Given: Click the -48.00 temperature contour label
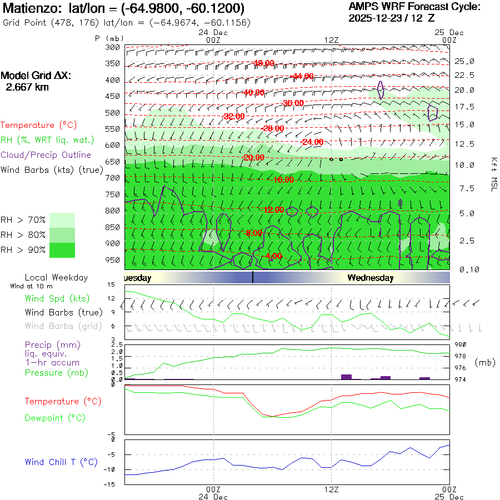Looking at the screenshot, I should coord(263,63).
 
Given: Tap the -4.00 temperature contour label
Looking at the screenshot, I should coord(273,256).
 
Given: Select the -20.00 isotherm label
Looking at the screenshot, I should coord(253,158).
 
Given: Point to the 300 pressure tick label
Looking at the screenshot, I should coord(113,47).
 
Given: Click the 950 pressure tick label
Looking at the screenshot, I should coord(113,260).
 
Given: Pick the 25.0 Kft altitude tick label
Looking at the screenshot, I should coord(464,61).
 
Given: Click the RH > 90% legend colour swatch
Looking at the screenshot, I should coord(62,250).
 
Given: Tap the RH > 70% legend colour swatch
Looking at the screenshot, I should coord(62,219).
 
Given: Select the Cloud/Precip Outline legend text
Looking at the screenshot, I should coord(46,155).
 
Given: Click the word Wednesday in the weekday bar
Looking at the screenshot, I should coord(371,278).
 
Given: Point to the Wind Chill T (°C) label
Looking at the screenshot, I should coord(61,462).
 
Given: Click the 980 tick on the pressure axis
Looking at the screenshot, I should coord(461,345).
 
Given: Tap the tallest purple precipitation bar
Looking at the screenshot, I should coord(346,377).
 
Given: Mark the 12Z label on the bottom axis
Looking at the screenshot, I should coord(331,489).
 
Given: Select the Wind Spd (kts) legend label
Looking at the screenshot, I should coord(57,299).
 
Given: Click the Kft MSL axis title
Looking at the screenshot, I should coord(493,174).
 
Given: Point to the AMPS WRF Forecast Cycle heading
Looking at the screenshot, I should coord(414,7).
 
